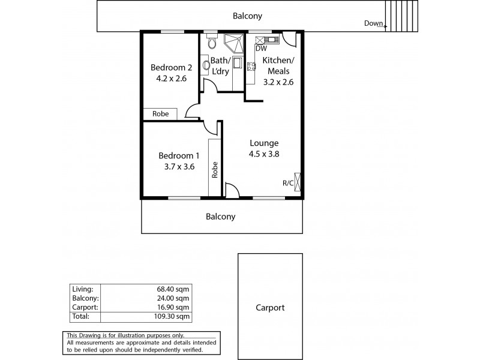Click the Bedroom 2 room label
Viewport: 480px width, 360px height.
tap(170, 67)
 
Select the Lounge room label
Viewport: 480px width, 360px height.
tap(264, 143)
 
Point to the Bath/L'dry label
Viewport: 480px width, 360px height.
tap(221, 66)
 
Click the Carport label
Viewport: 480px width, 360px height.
tap(269, 308)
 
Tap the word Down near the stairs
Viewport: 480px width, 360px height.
tap(373, 23)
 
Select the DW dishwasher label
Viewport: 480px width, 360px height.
tap(261, 49)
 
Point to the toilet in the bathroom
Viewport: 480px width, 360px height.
tap(210, 44)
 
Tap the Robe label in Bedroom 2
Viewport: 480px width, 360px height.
tap(160, 113)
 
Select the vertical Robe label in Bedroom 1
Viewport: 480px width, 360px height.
tap(214, 170)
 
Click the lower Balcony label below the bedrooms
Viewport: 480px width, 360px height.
tap(221, 217)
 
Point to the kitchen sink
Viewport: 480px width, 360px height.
tap(271, 40)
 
